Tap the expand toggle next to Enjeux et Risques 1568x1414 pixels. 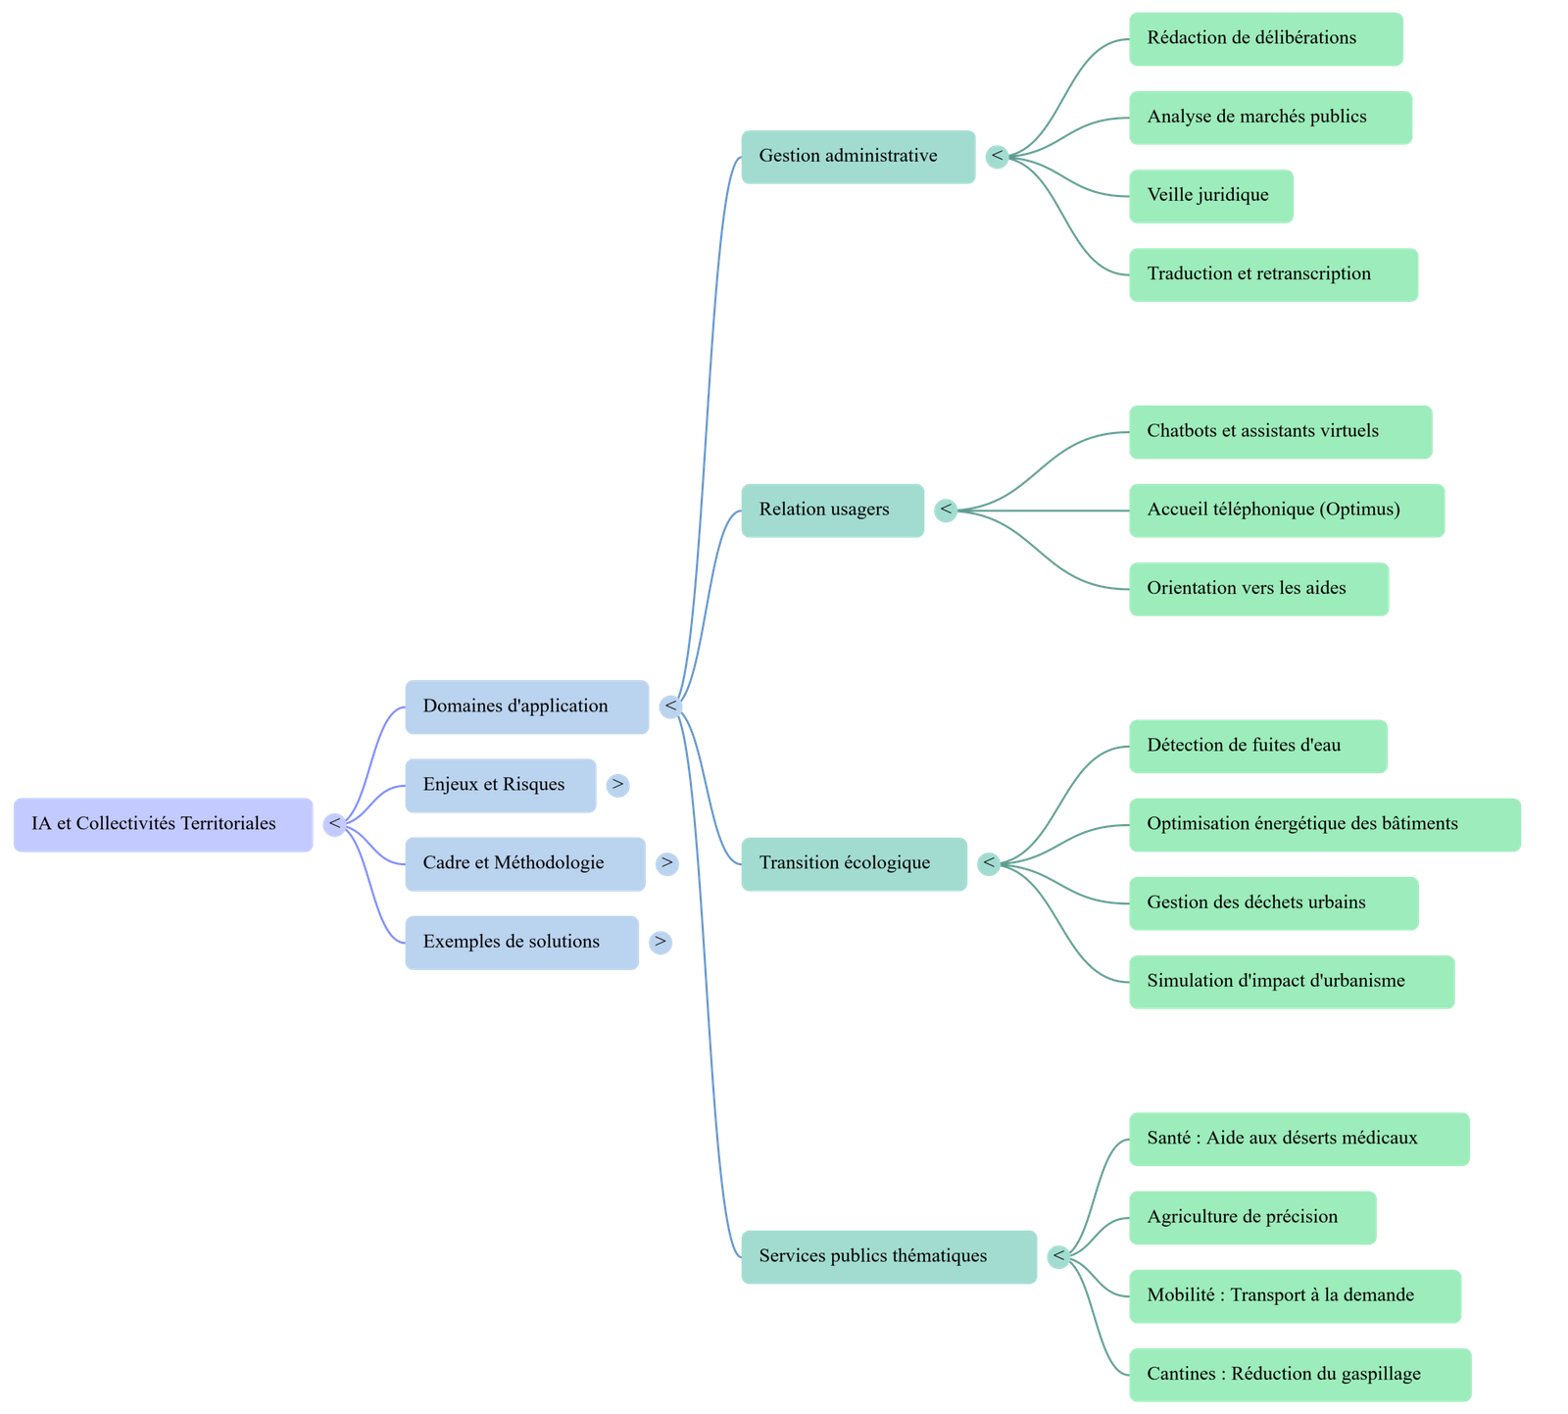[617, 785]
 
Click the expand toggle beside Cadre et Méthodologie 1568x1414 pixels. [666, 863]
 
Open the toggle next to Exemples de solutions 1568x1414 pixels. [661, 942]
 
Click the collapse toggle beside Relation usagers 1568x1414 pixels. [946, 510]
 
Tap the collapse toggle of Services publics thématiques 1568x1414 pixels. [1057, 1256]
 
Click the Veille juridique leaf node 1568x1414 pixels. [1210, 196]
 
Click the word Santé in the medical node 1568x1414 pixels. [1168, 1139]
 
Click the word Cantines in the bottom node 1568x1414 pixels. [1180, 1374]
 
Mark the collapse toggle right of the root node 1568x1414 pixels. [335, 824]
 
